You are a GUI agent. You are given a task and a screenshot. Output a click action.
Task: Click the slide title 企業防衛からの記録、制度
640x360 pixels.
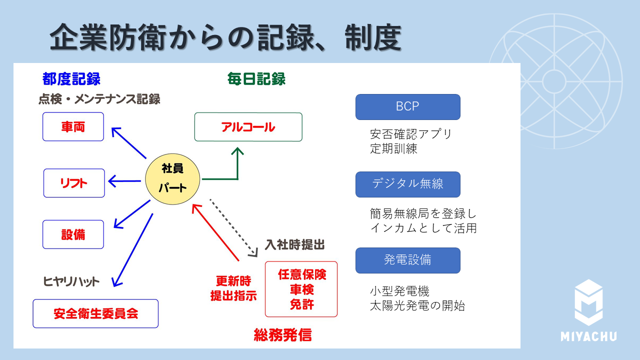pos(225,37)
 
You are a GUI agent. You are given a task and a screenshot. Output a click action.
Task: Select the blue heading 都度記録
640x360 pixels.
pos(71,79)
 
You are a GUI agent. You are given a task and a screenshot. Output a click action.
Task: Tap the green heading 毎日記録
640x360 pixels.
pos(256,79)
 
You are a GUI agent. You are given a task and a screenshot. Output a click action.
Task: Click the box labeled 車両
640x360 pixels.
pos(73,127)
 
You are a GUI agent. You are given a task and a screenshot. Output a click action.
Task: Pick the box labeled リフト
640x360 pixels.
pos(74,183)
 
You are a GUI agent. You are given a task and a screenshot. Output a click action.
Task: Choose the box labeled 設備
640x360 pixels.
pos(73,234)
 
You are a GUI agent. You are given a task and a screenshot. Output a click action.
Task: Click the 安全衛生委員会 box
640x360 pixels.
pos(95,313)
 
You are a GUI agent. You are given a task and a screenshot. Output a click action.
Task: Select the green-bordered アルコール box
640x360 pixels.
pos(248,127)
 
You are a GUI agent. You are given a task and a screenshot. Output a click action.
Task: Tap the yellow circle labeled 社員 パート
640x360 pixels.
pos(172,178)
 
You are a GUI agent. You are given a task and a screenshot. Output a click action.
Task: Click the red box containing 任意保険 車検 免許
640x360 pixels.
pos(301,289)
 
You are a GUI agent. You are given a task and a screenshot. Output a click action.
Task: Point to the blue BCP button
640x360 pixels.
pos(407,107)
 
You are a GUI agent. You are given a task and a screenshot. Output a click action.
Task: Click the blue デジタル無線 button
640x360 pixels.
pos(407,184)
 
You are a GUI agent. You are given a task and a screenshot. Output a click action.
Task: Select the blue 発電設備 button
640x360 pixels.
pos(407,260)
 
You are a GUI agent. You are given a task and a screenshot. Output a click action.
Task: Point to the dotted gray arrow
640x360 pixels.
pos(232,227)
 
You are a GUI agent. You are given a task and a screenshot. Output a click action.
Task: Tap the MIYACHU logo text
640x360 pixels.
pos(588,336)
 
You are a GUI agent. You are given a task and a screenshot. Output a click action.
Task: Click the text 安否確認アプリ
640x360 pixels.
pos(410,134)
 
